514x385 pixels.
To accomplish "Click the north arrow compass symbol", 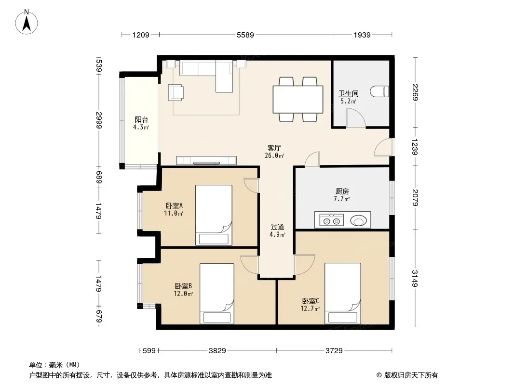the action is (27, 22).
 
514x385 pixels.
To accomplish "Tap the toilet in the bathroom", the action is (379, 91).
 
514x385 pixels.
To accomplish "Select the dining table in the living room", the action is (298, 100).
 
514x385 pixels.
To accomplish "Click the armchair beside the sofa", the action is (176, 92).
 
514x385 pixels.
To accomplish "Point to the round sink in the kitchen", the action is (358, 220).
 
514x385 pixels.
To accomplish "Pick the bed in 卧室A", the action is (214, 215).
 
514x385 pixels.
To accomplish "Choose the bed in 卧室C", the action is (342, 294).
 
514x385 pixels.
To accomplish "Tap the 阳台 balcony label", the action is (141, 120).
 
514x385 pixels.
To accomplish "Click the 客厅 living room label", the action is (274, 148).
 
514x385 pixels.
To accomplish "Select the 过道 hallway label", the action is (277, 227).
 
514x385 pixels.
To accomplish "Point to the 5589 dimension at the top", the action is (245, 35).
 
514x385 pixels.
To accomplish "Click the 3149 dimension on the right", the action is (415, 278).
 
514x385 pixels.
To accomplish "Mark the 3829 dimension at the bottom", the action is (217, 351).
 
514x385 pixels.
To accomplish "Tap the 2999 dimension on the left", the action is (99, 120).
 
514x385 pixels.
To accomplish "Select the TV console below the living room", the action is (206, 160).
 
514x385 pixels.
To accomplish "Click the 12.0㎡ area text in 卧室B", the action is (183, 294).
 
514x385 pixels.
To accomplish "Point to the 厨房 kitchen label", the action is (342, 191).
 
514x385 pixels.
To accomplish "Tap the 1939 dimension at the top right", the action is (362, 35).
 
